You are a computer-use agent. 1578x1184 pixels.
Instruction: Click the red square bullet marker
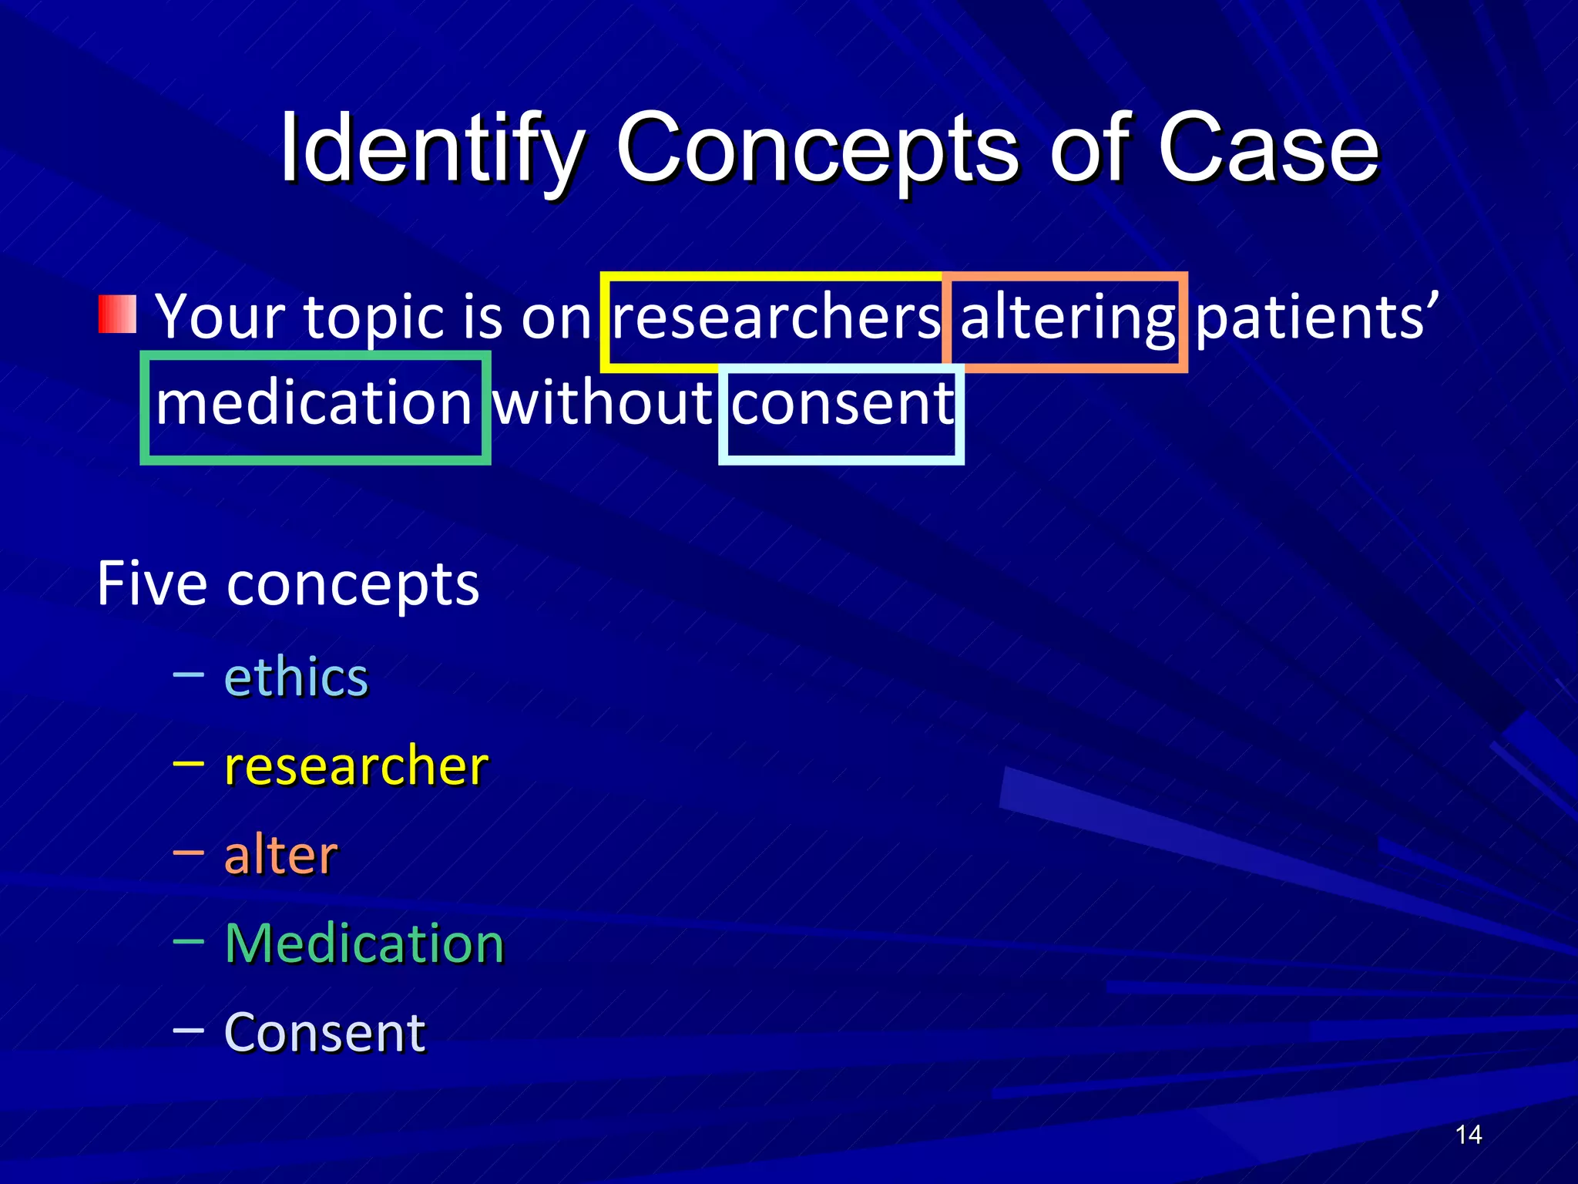pos(117,314)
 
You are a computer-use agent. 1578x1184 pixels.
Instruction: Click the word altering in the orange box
pos(1067,318)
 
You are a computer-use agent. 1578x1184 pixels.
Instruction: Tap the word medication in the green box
pos(314,404)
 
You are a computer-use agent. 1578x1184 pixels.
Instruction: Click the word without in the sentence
pos(603,404)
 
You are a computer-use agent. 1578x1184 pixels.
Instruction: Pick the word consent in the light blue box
pos(842,404)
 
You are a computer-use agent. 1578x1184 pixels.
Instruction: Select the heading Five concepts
pos(287,584)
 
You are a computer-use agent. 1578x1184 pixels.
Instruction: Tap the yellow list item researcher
pos(355,766)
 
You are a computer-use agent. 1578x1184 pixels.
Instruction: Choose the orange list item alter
pos(280,855)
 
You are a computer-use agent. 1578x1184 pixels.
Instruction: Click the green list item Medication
pos(364,943)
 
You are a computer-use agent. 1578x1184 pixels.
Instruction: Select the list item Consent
pos(324,1032)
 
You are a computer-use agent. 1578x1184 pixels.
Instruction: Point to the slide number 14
pos(1468,1135)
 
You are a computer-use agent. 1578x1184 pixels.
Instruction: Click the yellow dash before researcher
pos(189,764)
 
